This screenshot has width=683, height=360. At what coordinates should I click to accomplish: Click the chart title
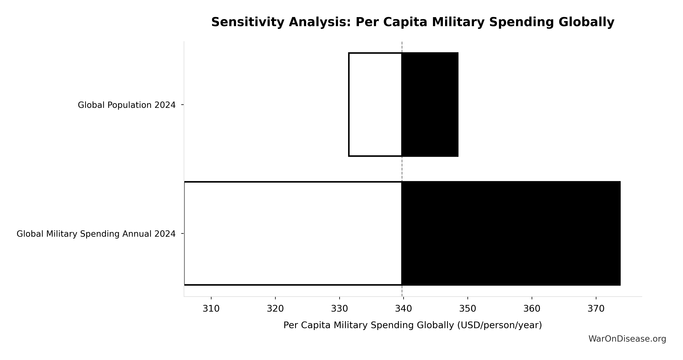pyautogui.click(x=412, y=22)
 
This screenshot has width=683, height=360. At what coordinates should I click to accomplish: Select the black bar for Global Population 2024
pyautogui.click(x=430, y=105)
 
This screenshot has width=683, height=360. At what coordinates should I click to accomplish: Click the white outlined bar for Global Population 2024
pyautogui.click(x=375, y=105)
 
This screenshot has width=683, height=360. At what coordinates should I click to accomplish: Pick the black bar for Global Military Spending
pyautogui.click(x=511, y=233)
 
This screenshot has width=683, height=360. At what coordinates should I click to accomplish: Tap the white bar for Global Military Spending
pyautogui.click(x=293, y=233)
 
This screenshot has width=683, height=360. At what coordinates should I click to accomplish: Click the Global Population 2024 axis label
pyautogui.click(x=127, y=105)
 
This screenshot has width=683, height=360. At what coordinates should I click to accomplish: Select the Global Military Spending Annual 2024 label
pyautogui.click(x=96, y=234)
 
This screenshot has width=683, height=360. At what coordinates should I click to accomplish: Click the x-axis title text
pyautogui.click(x=412, y=325)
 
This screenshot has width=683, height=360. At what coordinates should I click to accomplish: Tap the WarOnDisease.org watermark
pyautogui.click(x=627, y=339)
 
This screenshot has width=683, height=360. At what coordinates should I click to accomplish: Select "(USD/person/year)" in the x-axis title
pyautogui.click(x=499, y=325)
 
